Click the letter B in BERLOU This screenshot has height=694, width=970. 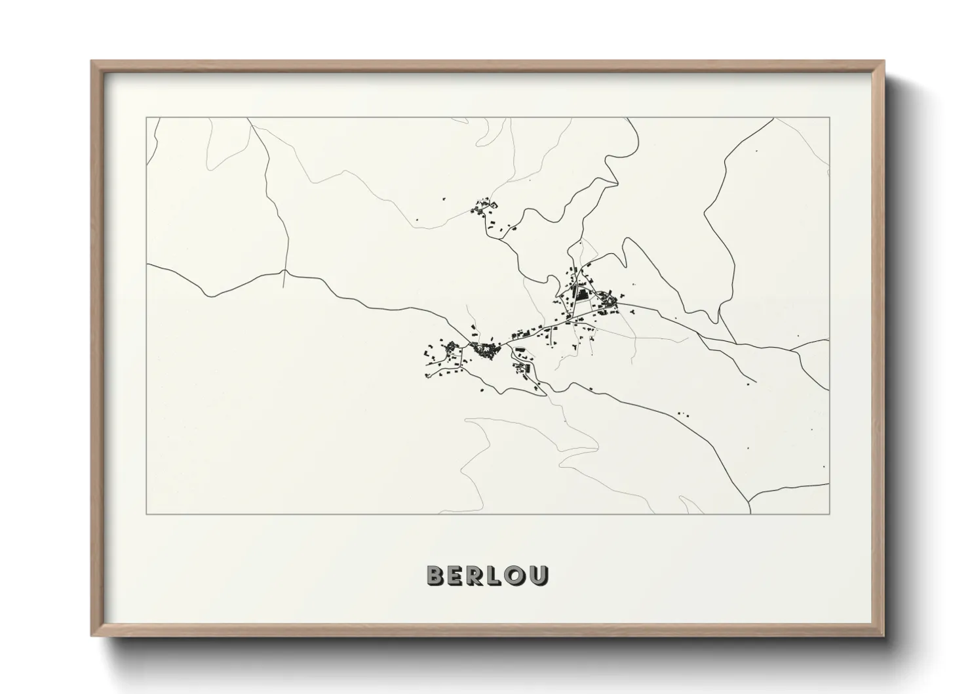[436, 575]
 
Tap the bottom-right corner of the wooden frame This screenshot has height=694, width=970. [883, 635]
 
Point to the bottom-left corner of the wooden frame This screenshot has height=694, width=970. [92, 635]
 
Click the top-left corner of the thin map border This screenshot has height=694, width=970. [147, 118]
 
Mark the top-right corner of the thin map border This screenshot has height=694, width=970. [830, 118]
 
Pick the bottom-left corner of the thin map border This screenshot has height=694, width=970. [147, 514]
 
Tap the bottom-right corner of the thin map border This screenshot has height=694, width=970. [830, 514]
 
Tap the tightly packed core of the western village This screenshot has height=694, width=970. [486, 350]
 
